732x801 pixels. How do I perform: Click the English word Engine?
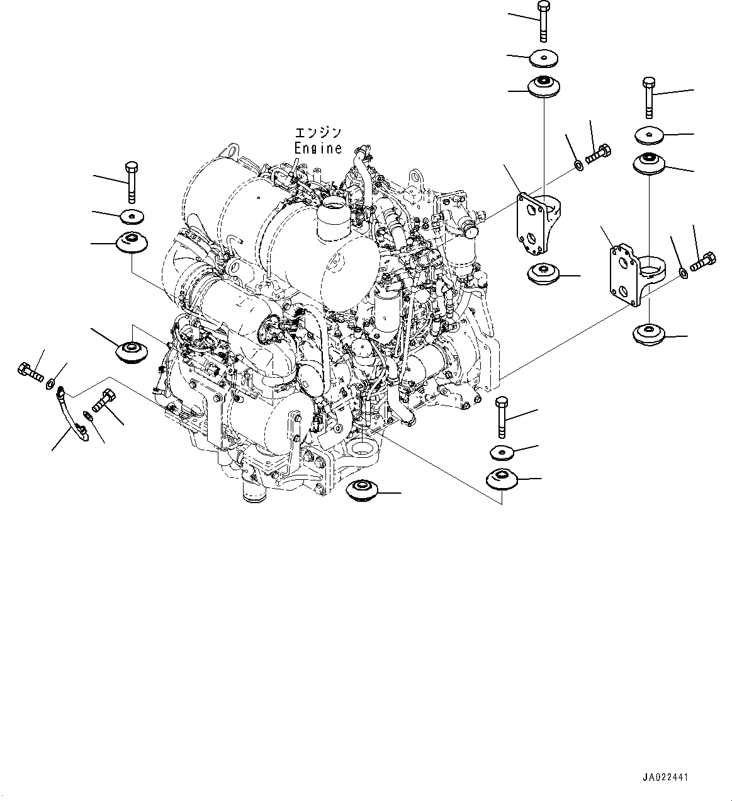(x=318, y=148)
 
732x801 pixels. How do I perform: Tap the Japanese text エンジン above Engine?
(x=318, y=133)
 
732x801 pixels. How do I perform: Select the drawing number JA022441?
(x=666, y=778)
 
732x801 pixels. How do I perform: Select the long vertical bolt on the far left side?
(x=132, y=182)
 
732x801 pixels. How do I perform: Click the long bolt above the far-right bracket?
(x=649, y=97)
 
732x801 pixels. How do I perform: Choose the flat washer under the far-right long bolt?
(x=649, y=135)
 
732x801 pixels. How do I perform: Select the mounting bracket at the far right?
(x=630, y=275)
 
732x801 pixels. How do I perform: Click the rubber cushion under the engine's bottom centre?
(x=363, y=489)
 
